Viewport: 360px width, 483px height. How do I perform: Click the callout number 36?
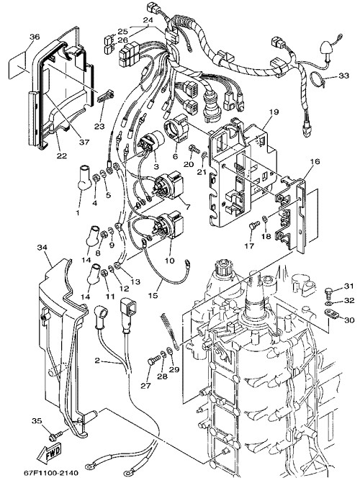(x=35, y=37)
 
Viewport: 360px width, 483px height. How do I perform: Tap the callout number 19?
(x=274, y=112)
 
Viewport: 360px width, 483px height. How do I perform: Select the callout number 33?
(x=343, y=76)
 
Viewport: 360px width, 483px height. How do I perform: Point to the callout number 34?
(x=42, y=248)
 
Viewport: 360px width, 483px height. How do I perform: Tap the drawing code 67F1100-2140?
(x=51, y=473)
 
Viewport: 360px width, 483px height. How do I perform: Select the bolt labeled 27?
(x=154, y=359)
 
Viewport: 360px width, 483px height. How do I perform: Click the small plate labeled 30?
(x=332, y=314)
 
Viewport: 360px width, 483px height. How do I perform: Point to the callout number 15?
(x=153, y=295)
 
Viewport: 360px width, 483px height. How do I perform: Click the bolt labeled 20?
(x=193, y=150)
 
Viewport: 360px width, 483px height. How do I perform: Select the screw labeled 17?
(x=253, y=226)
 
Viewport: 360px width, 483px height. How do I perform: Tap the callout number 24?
(x=148, y=20)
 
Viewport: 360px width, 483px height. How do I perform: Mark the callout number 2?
(x=97, y=360)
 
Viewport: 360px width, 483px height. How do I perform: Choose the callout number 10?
(x=169, y=261)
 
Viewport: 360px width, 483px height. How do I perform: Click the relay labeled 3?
(x=151, y=141)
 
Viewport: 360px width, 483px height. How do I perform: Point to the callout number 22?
(x=62, y=156)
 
